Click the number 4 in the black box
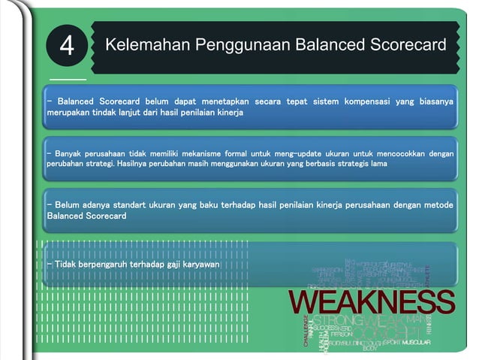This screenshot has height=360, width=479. coord(67,47)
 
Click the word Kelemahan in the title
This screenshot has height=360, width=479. coord(146,44)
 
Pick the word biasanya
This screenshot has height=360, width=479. coord(435,100)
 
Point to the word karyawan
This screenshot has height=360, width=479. coord(203,265)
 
